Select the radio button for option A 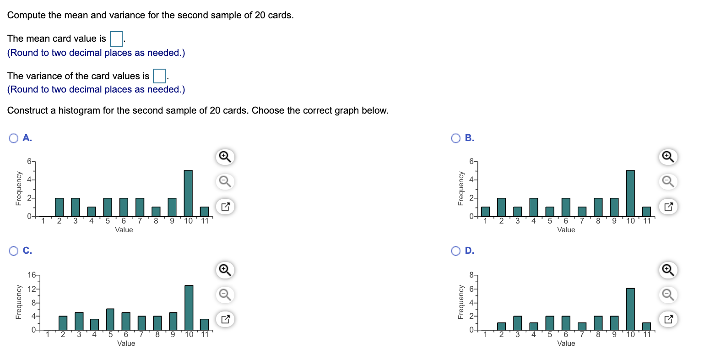click(14, 138)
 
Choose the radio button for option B click(456, 138)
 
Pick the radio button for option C click(14, 251)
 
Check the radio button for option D click(456, 251)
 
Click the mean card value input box click(116, 39)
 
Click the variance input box click(159, 76)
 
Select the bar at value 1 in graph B click(485, 212)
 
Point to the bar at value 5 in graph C click(110, 319)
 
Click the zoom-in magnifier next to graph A click(225, 157)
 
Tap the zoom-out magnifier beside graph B click(668, 182)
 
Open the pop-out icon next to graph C click(225, 319)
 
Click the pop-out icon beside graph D click(668, 319)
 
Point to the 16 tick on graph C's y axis click(32, 275)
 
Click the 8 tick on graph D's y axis click(472, 275)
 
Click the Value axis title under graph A click(124, 230)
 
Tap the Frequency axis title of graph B click(461, 188)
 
